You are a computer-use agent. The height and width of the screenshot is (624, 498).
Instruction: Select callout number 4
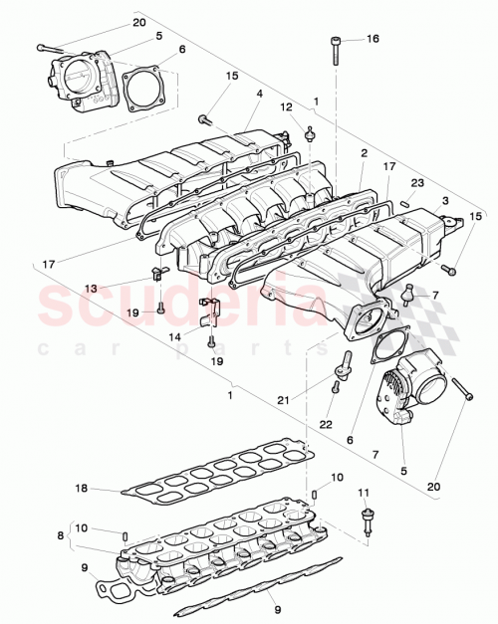[x=258, y=95]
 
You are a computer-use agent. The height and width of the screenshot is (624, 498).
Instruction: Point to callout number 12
[x=286, y=107]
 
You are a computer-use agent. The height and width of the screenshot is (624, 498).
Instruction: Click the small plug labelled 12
[x=310, y=132]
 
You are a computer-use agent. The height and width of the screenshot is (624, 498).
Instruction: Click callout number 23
[x=417, y=183]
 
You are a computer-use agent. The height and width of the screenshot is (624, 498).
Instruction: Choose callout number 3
[x=445, y=202]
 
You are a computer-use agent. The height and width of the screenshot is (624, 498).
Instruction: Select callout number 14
[x=174, y=337]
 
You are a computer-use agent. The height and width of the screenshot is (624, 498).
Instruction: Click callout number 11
[x=364, y=492]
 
